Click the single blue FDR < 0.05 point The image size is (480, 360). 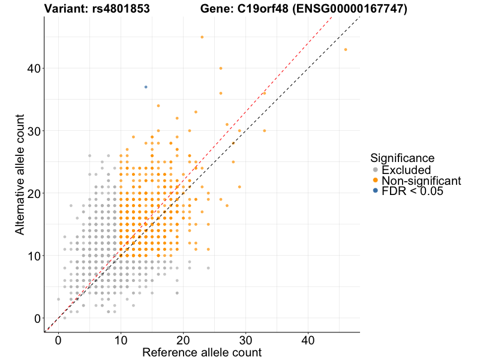coord(146,87)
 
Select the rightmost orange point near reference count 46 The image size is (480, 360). coord(346,49)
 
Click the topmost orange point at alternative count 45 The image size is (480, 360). coord(202,37)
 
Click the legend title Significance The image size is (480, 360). coord(402,158)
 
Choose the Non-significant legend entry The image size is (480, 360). coord(421,181)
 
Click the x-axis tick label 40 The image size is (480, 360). coord(308,340)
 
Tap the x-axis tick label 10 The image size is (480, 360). coord(121,340)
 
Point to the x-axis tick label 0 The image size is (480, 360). coord(58,340)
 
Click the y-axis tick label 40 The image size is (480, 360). coord(34,68)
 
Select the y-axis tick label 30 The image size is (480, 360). coord(34,131)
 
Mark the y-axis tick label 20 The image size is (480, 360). coord(34,193)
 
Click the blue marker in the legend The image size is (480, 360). coord(376,191)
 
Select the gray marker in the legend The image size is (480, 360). coord(376,170)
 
